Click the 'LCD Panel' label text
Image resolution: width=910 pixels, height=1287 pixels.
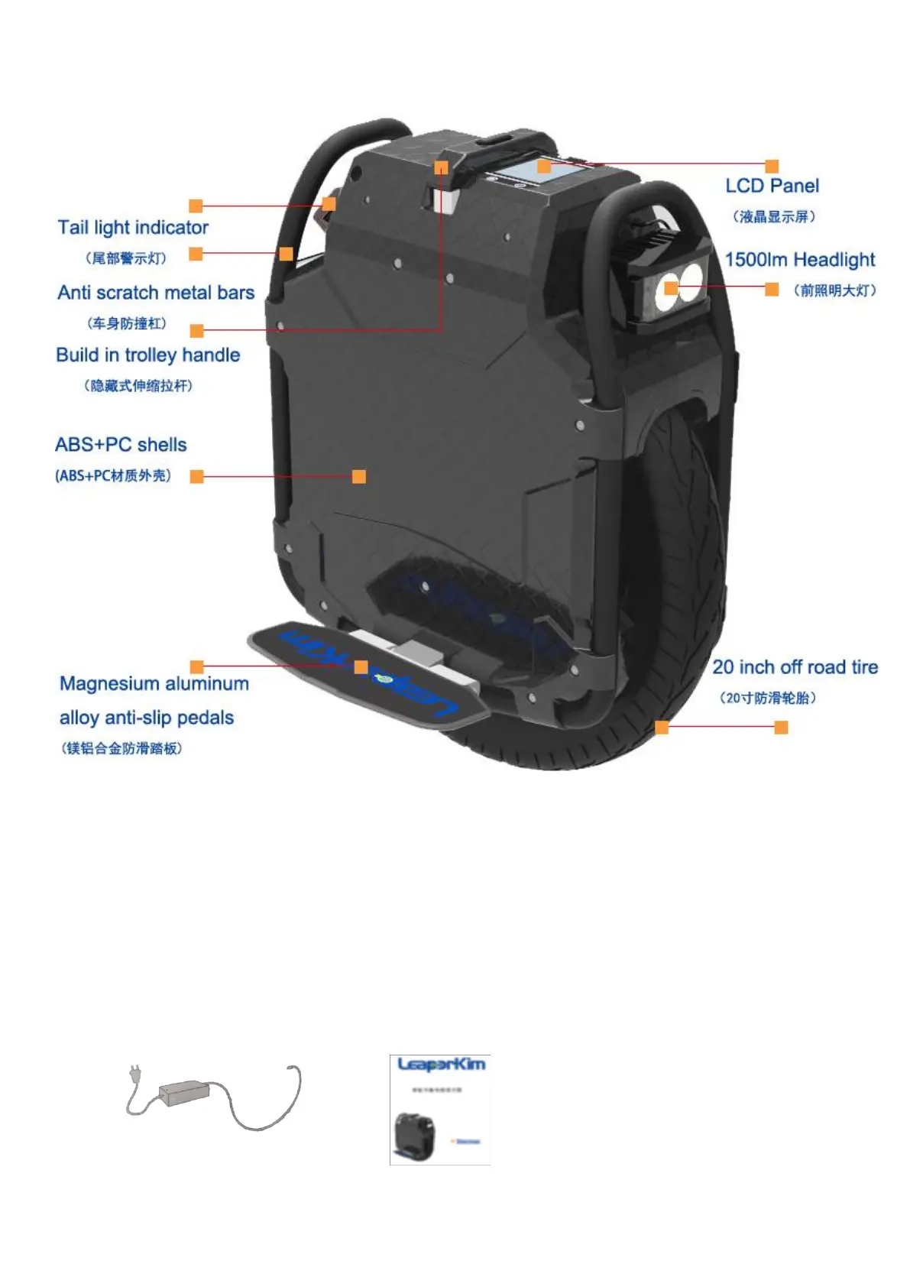tap(772, 186)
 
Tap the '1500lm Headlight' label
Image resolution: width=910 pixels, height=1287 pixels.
tap(799, 260)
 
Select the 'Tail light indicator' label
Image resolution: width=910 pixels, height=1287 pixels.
tap(133, 228)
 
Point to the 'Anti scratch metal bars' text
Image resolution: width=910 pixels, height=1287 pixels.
tap(156, 293)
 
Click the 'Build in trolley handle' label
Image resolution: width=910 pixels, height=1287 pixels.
tap(148, 355)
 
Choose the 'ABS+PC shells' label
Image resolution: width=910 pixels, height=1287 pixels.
tap(121, 445)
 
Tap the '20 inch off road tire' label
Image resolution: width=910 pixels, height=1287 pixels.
tap(795, 667)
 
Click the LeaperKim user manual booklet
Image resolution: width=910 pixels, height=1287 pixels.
tap(440, 1110)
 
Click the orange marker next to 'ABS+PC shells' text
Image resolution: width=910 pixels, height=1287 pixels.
tap(196, 476)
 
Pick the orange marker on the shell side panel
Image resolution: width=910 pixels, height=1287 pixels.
tap(358, 476)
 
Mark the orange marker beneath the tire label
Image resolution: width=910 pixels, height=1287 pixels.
tap(781, 727)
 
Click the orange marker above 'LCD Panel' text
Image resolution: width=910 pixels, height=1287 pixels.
tap(772, 166)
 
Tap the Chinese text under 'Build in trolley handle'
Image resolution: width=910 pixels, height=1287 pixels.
tap(138, 386)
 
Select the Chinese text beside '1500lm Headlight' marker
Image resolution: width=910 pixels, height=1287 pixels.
tap(834, 290)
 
